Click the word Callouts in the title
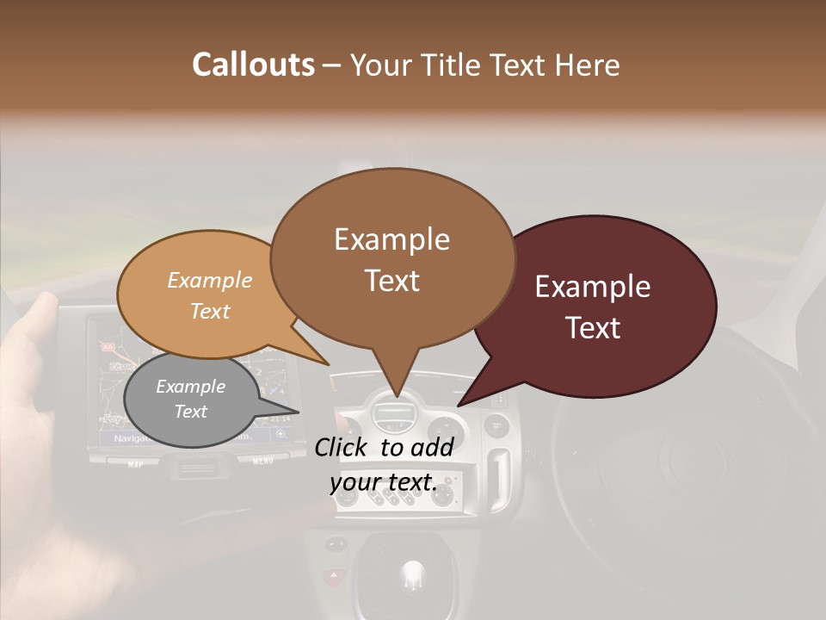253,65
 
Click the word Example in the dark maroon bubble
593,287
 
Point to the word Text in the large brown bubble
391,280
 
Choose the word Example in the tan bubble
209,281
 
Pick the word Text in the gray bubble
190,412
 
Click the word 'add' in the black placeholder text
431,447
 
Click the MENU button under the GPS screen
263,462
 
